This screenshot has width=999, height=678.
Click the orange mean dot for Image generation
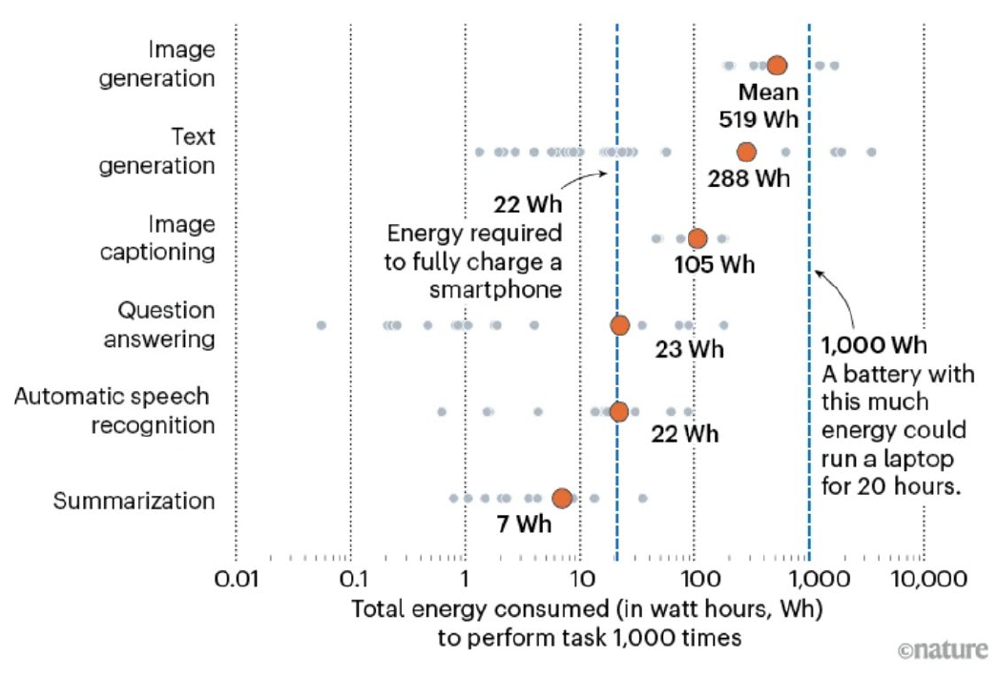777,65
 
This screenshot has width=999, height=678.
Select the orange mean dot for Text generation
746,152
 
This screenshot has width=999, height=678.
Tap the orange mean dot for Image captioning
697,238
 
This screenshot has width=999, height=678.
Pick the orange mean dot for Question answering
620,325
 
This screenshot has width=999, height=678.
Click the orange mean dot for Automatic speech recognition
619,412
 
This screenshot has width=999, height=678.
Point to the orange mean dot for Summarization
562,498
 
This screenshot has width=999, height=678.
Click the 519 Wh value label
759,120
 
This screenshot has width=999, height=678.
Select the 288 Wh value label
749,178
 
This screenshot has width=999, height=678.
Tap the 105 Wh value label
714,265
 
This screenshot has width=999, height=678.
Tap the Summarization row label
135,501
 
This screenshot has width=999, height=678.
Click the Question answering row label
166,324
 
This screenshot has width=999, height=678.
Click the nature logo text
943,650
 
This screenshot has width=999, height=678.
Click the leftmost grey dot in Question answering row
322,325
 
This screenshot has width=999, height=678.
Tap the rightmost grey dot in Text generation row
871,152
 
